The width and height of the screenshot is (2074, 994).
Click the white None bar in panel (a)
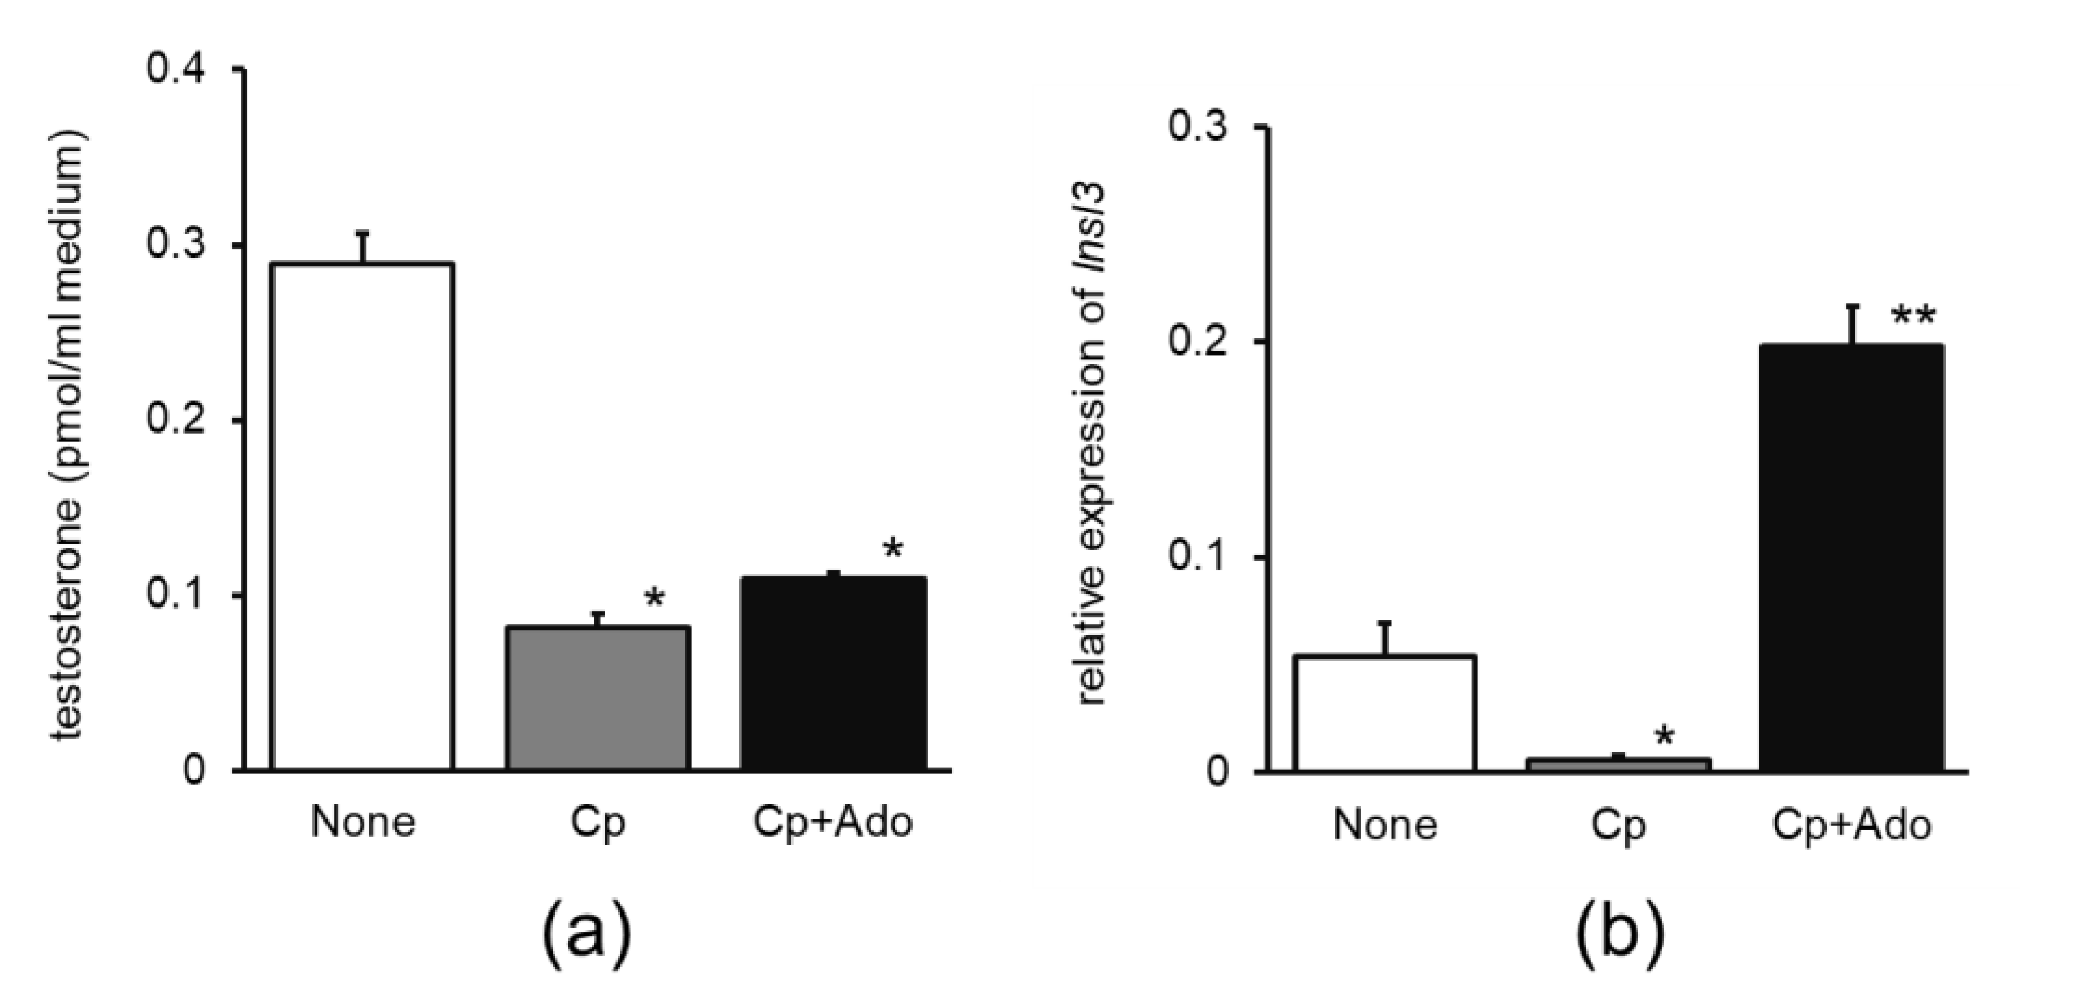tap(363, 515)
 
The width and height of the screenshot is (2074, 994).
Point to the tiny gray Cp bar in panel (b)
tap(1618, 764)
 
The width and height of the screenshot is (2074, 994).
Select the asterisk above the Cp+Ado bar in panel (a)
tap(893, 550)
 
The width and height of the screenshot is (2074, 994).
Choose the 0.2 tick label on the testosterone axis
tap(175, 420)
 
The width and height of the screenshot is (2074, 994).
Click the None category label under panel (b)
tap(1385, 825)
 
